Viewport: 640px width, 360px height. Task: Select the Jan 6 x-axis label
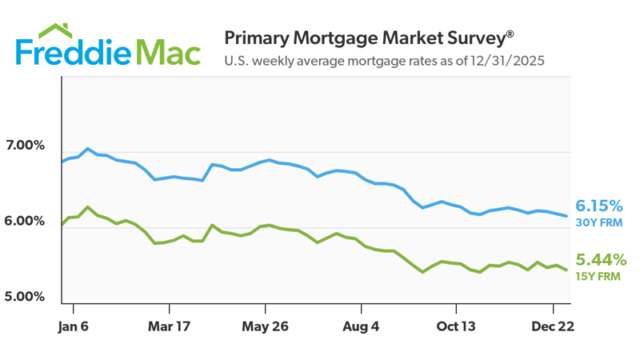point(73,326)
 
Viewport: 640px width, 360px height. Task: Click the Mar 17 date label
point(169,326)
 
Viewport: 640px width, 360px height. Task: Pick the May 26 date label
point(264,326)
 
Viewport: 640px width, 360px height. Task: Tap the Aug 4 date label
point(360,326)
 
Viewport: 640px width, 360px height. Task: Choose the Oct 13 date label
point(456,326)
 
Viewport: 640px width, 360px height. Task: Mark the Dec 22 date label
point(551,326)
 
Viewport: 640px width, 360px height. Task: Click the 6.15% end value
point(599,206)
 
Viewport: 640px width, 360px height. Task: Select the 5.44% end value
point(601,260)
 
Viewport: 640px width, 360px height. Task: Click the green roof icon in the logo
point(55,31)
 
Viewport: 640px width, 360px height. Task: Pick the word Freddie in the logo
point(72,53)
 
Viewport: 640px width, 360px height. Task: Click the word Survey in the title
point(471,38)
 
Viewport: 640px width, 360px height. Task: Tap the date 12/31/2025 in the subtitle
point(507,60)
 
